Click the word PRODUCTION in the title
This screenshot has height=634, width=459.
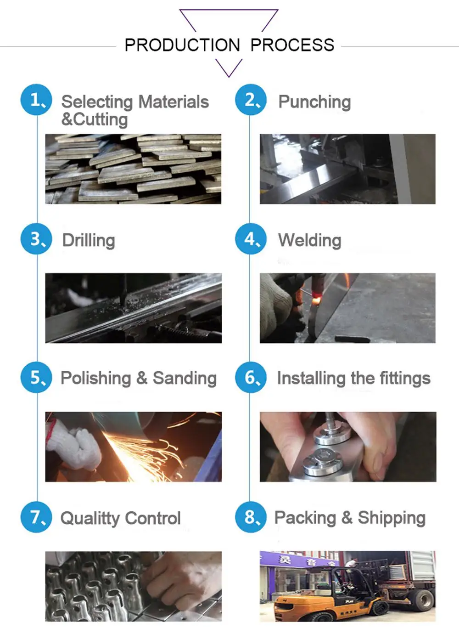[182, 45]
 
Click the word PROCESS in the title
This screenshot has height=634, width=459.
[292, 45]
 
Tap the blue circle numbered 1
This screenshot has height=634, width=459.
[36, 100]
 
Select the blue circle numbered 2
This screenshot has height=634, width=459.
[251, 100]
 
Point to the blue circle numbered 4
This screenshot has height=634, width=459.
[251, 239]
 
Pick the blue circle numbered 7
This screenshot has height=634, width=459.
[36, 517]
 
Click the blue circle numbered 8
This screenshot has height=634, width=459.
[251, 517]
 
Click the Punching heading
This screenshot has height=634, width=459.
[314, 102]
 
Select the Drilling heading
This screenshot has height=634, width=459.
[89, 240]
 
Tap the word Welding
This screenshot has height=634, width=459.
[310, 240]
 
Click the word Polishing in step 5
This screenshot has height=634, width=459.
[96, 378]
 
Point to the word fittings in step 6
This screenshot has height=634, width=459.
[405, 378]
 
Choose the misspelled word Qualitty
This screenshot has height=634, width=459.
[90, 518]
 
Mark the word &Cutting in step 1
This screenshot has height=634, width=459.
[95, 119]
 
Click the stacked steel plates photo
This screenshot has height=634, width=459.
[133, 169]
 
